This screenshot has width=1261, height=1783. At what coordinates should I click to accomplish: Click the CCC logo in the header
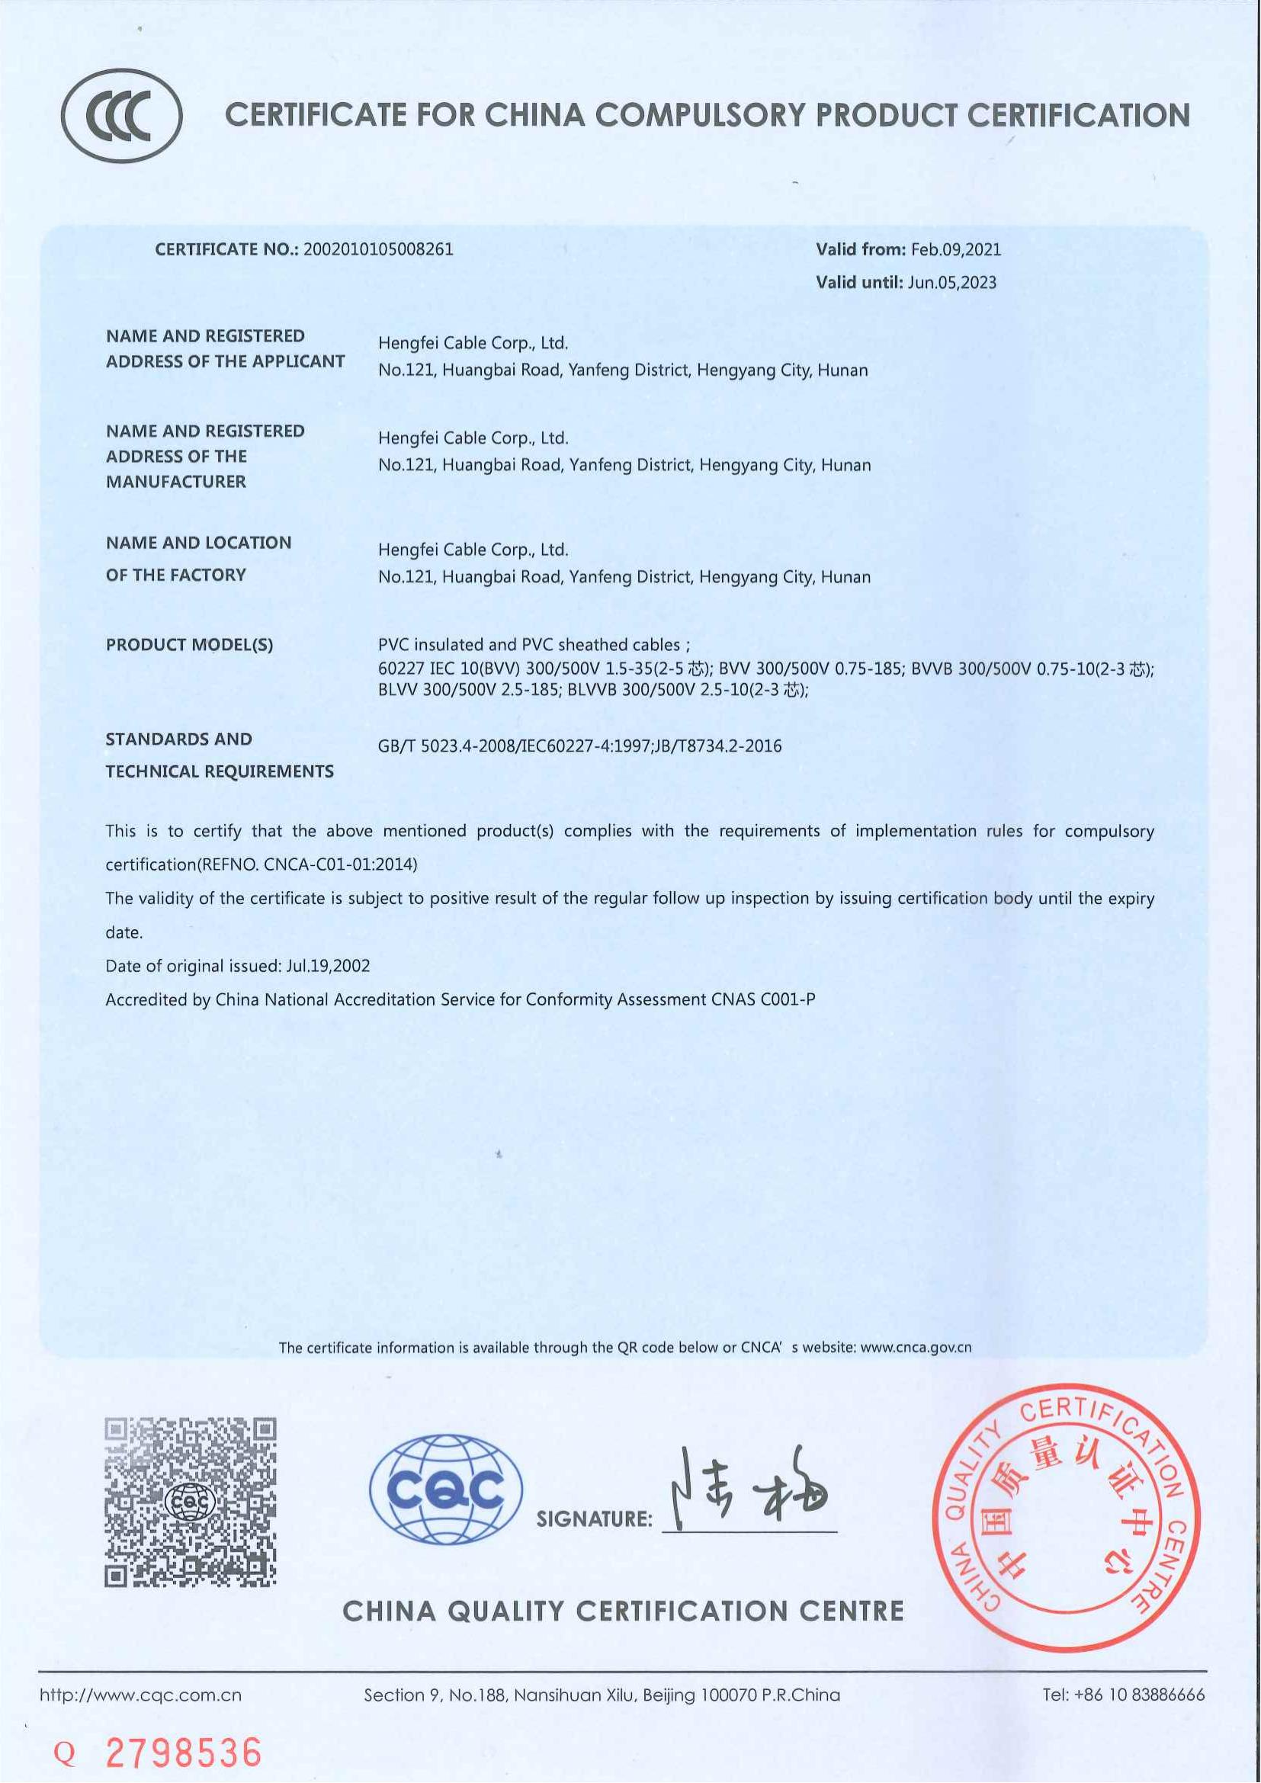coord(122,115)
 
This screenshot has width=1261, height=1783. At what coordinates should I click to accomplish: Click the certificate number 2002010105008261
coord(378,249)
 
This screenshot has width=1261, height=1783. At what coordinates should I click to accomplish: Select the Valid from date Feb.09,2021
coord(956,249)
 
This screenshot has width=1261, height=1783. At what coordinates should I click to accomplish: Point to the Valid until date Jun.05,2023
coord(951,283)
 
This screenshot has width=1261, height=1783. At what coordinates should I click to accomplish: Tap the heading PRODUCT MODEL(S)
coord(190,645)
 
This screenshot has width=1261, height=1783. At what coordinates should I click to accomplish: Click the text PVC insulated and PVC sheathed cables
coord(529,645)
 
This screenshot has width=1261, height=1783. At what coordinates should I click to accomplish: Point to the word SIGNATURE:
coord(594,1519)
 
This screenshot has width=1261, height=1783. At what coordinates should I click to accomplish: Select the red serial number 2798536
coord(183,1753)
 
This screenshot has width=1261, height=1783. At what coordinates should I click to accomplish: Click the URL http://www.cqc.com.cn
coord(140,1695)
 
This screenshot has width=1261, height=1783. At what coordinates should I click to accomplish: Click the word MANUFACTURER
coord(176,482)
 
